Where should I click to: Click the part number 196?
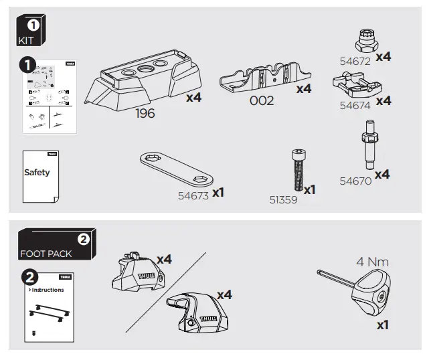pyautogui.click(x=145, y=113)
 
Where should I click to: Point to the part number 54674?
pyautogui.click(x=355, y=106)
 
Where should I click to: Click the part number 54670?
pyautogui.click(x=355, y=181)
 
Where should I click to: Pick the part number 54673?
pyautogui.click(x=193, y=195)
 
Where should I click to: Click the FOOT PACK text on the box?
pyautogui.click(x=45, y=254)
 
